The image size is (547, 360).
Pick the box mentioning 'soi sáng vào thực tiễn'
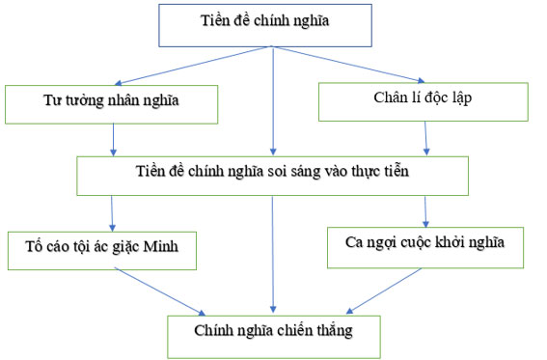click(x=272, y=174)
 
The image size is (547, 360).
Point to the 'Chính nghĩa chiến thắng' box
click(x=274, y=333)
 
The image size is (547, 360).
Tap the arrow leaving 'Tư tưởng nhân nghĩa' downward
click(x=114, y=139)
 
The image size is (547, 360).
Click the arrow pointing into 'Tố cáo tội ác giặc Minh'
click(x=113, y=211)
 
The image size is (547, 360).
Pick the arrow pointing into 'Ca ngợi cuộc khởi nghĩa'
click(x=425, y=209)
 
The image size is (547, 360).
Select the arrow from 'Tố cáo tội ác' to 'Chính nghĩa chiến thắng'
click(x=159, y=290)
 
